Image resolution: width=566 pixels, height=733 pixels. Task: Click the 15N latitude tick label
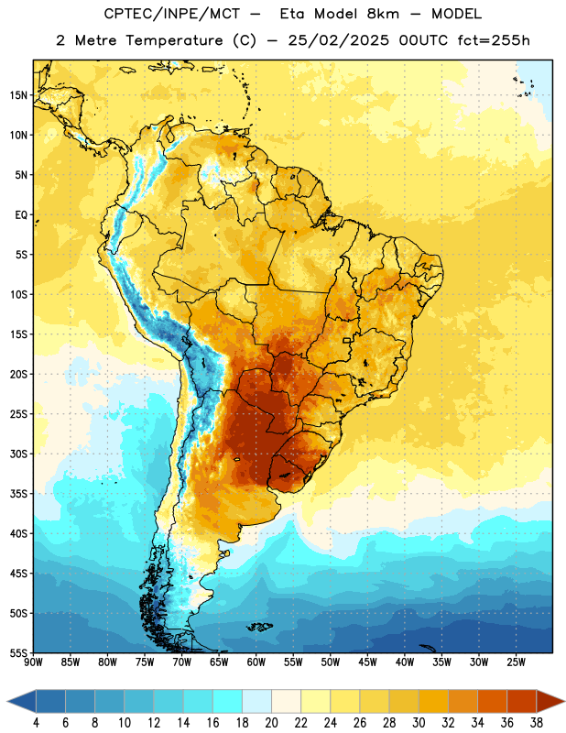[18, 95]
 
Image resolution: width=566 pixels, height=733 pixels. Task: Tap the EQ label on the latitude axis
[21, 215]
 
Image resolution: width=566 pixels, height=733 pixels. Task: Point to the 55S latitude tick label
[18, 652]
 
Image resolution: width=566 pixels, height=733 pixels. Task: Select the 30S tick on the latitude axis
[18, 454]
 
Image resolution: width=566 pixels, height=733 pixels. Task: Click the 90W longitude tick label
[33, 662]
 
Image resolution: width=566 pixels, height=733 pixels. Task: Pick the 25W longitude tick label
[516, 662]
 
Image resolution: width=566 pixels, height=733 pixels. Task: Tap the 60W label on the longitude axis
[256, 662]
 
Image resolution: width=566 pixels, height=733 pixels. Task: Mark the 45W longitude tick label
[367, 662]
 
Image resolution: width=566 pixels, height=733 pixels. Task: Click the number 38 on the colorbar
[537, 723]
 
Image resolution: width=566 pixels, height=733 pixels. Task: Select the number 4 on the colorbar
[36, 723]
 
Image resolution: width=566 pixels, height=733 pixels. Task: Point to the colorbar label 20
[271, 723]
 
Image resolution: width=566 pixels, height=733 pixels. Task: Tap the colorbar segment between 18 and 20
[257, 701]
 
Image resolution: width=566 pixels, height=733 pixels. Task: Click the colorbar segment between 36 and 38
[522, 701]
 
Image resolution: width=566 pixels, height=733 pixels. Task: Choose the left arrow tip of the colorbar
[7, 701]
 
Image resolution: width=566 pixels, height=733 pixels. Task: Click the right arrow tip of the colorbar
[564, 701]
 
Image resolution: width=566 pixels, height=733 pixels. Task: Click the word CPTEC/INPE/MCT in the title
[172, 14]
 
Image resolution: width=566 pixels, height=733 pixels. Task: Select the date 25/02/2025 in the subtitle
[338, 40]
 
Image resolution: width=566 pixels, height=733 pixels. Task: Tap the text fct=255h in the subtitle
[494, 40]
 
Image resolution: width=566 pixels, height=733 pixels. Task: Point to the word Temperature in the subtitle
[174, 40]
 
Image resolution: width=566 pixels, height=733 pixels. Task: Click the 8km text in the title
[383, 14]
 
